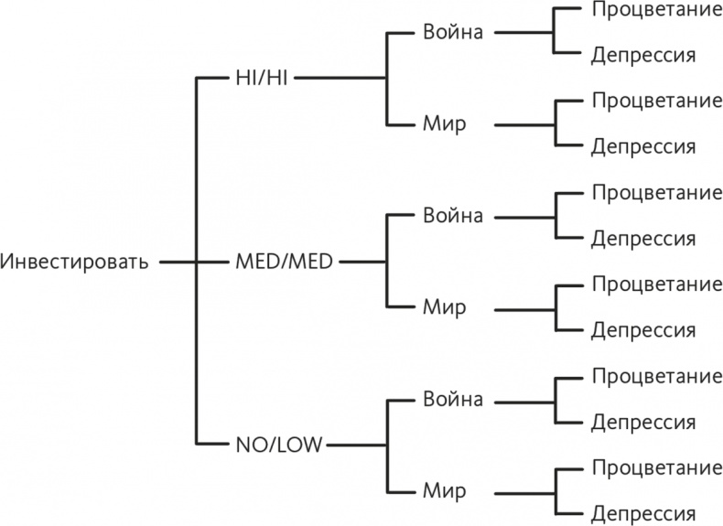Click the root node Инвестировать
(74, 262)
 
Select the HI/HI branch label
(261, 78)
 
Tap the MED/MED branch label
(284, 262)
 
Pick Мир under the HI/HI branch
(444, 123)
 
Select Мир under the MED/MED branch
(444, 307)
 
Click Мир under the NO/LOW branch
(444, 491)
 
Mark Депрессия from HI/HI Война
(642, 55)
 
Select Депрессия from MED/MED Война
(642, 239)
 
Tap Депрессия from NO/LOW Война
(642, 423)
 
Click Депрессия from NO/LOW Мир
(642, 513)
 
